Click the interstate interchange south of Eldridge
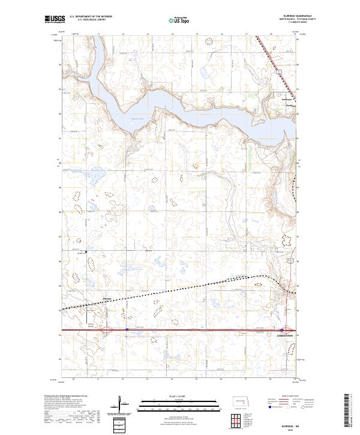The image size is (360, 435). point(127,329)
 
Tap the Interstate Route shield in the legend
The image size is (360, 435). point(269,407)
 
